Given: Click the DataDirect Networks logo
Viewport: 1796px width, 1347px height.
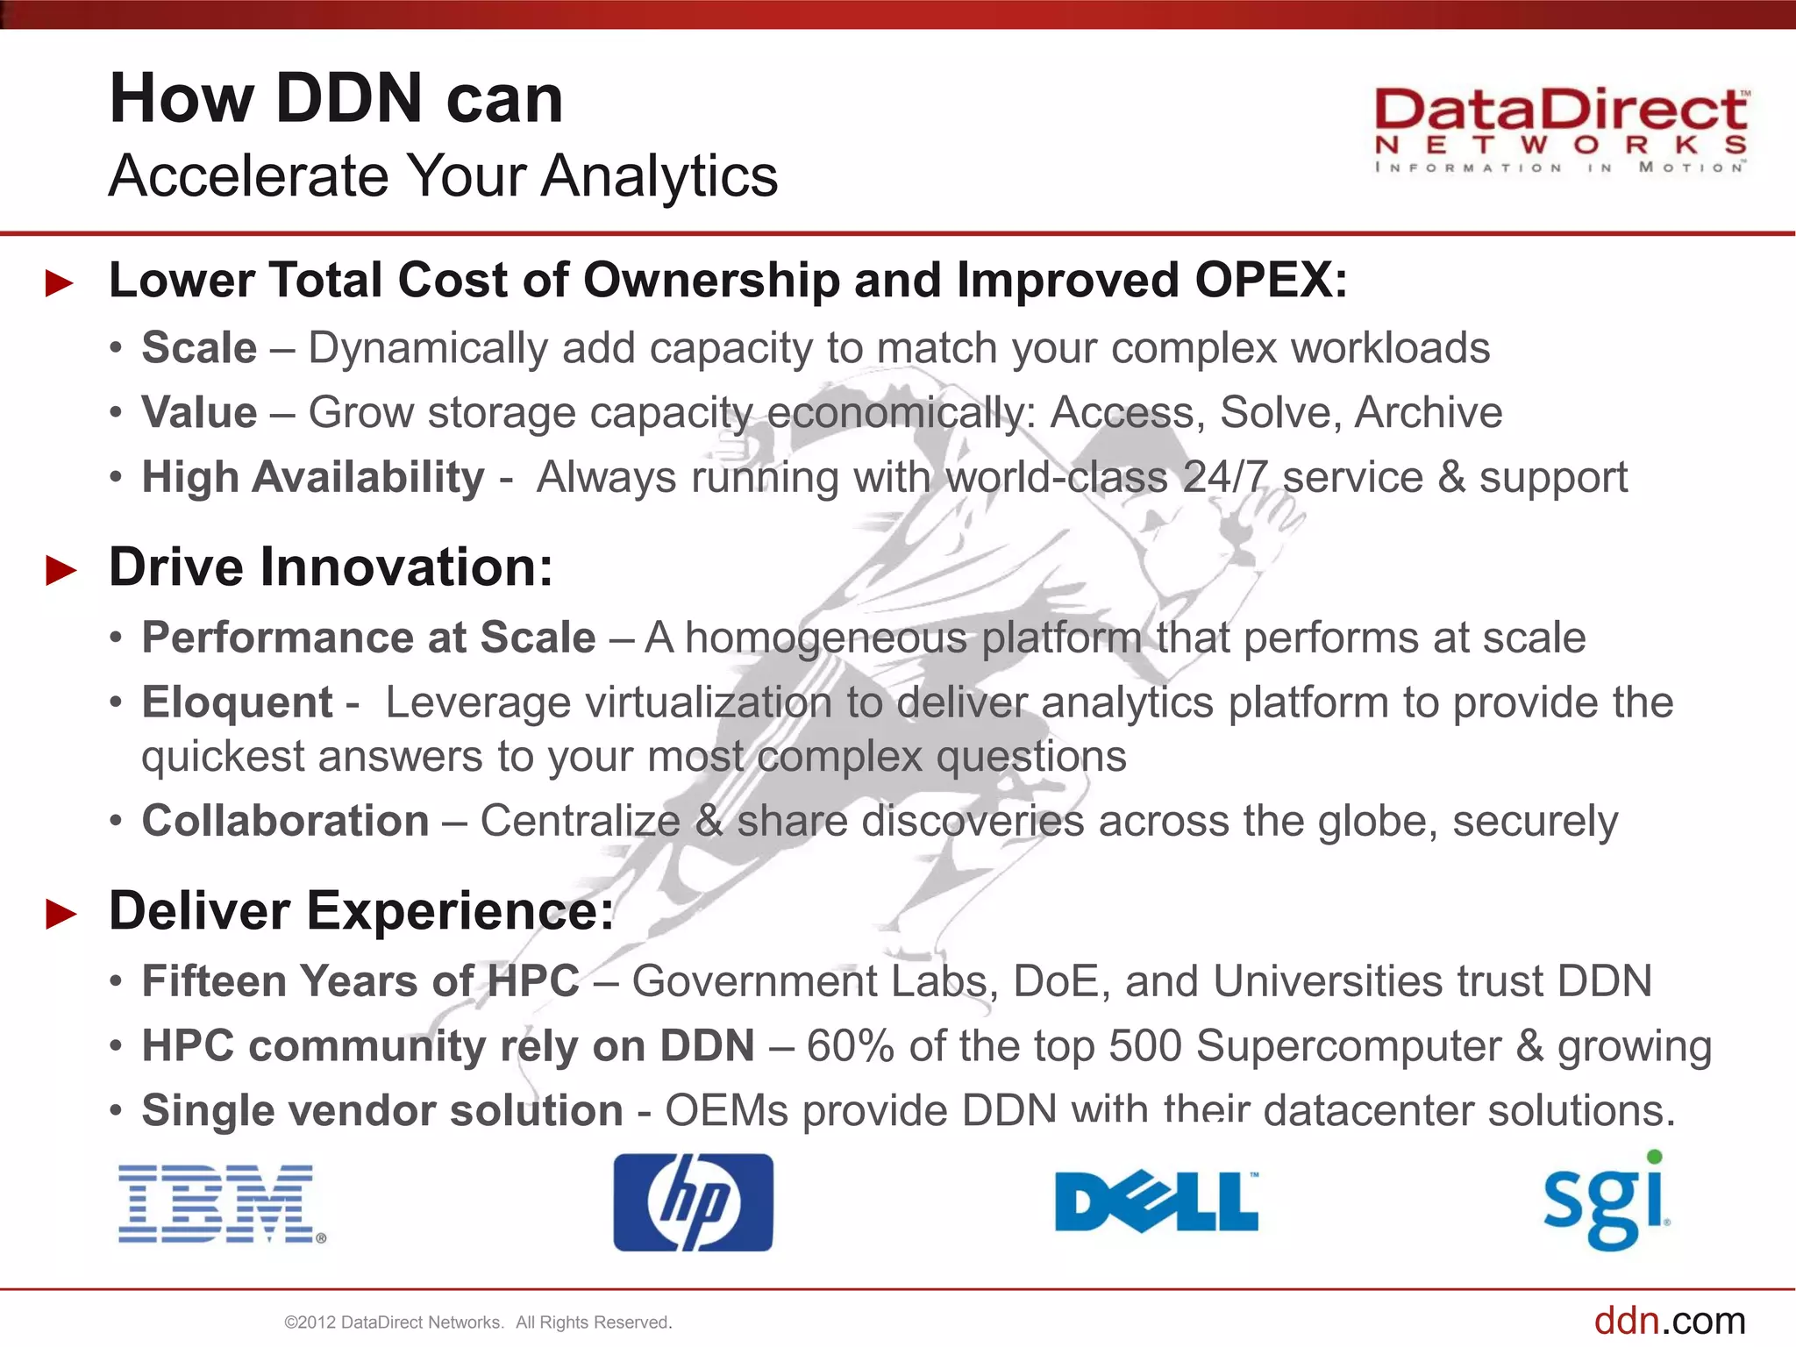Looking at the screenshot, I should pos(1560,130).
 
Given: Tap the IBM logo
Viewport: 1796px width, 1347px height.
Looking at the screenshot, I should pos(221,1203).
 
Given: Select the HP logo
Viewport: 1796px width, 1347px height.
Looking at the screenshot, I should pos(693,1202).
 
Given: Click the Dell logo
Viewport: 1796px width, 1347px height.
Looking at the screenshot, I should pos(1156,1201).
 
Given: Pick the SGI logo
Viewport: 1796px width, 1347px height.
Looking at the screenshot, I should pos(1607,1201).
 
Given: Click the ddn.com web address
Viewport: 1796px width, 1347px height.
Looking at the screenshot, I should pos(1669,1320).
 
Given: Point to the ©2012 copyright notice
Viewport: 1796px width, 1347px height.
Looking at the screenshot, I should pos(478,1322).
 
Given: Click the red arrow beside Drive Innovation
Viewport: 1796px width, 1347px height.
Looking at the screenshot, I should pos(61,571).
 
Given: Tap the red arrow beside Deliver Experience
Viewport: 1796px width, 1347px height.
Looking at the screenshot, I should pos(61,915).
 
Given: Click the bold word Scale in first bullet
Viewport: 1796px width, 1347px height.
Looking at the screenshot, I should pos(199,348).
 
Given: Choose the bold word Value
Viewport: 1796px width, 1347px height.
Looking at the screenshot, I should pos(199,413).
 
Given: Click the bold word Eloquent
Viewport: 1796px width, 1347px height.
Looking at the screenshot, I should pos(237,702).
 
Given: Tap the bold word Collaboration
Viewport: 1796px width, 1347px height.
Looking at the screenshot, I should pos(285,821).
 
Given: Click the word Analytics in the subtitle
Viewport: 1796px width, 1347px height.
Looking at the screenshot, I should pos(659,176).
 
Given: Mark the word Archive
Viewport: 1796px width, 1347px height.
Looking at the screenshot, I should pos(1428,413).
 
